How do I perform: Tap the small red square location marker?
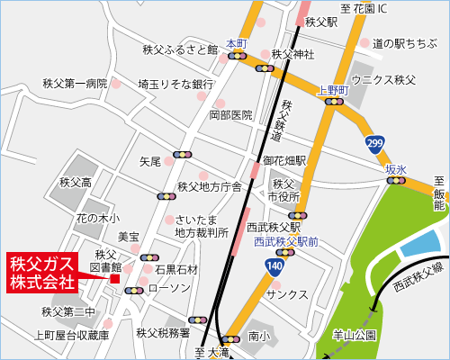tap(114, 278)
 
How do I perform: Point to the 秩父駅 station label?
tap(320, 21)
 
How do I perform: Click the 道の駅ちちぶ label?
tap(404, 41)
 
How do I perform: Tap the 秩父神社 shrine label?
tap(292, 54)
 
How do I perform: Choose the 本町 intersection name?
tap(237, 42)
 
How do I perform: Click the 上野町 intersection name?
tap(333, 90)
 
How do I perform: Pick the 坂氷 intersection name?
tap(396, 169)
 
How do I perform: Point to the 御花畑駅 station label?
tap(285, 162)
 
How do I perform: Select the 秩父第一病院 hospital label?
tap(75, 84)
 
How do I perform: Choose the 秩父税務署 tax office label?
tap(164, 333)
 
